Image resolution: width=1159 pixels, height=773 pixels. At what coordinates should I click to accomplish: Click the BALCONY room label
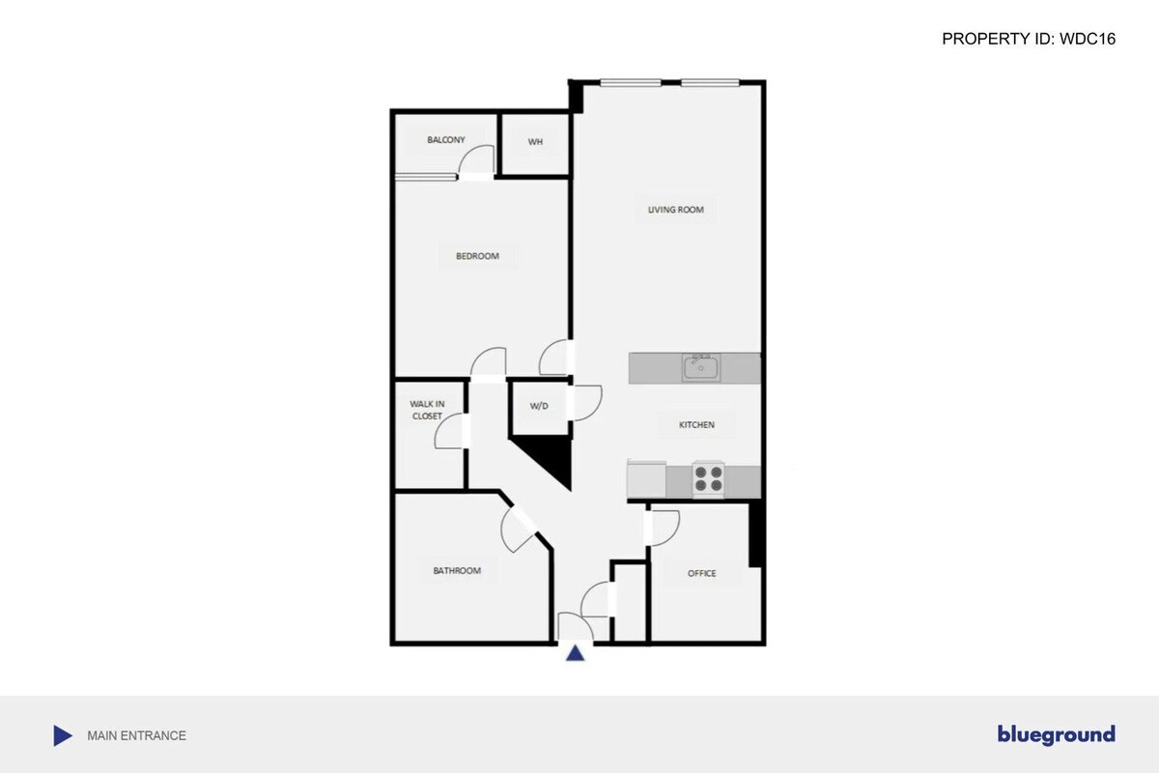(x=445, y=140)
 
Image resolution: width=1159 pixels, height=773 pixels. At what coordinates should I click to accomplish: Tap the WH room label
(x=535, y=142)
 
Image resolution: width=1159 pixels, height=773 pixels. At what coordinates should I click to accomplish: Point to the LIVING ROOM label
(x=676, y=210)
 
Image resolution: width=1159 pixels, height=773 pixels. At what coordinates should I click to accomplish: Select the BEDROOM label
(x=477, y=256)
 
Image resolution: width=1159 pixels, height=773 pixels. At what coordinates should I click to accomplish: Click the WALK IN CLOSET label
(x=427, y=410)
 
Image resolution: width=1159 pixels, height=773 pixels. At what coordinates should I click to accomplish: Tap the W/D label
(x=539, y=406)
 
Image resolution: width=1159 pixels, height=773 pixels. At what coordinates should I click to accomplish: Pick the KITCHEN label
(x=696, y=425)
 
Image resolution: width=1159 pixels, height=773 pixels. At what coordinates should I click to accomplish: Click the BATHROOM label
(x=457, y=570)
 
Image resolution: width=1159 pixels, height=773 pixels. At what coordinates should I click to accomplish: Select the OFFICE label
(x=701, y=573)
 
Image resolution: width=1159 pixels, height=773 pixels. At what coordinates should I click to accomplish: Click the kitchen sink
(x=701, y=367)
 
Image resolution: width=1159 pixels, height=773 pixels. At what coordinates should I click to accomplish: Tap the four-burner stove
(x=708, y=479)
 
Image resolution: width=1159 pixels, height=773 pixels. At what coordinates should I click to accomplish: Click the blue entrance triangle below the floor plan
(x=575, y=653)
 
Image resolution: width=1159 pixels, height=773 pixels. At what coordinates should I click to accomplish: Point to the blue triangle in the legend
(x=62, y=735)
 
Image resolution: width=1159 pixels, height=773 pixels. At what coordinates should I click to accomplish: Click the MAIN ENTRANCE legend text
(x=136, y=735)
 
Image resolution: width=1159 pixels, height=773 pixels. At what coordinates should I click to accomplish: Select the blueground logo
(x=1056, y=734)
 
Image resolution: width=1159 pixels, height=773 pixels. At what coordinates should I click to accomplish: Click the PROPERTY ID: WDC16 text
(x=1029, y=39)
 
